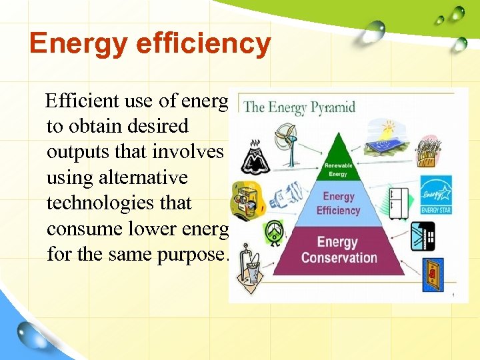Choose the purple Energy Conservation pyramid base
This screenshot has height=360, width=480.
[x=338, y=249]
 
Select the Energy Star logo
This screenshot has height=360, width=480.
[x=436, y=196]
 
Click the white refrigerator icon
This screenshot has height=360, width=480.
[x=398, y=203]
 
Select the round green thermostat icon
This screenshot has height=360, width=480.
[x=274, y=231]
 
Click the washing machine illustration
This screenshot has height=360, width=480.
[x=244, y=199]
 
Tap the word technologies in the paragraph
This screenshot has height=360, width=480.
[x=119, y=203]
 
